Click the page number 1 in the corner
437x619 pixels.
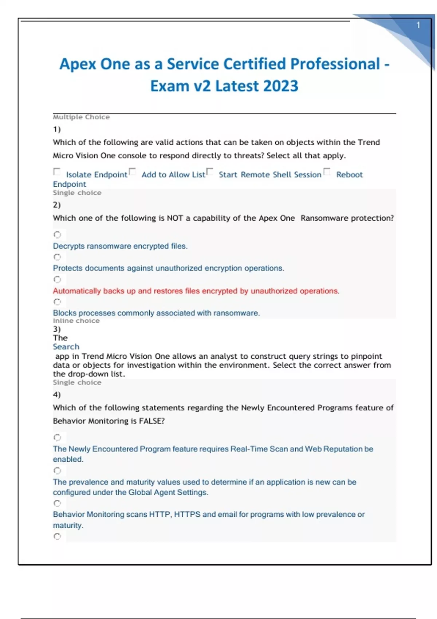point(418,25)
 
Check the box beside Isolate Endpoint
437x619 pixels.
point(57,171)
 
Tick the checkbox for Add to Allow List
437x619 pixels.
point(133,171)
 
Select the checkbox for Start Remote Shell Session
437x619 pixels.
point(209,171)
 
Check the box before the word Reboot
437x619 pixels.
point(327,171)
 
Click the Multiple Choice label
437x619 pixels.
point(81,117)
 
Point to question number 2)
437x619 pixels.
point(57,205)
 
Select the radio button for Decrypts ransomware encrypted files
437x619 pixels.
point(57,234)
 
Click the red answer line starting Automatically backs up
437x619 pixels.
point(196,291)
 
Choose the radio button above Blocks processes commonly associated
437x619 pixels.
point(57,302)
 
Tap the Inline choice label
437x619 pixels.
point(76,321)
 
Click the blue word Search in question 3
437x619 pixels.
point(66,347)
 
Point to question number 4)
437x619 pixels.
point(57,394)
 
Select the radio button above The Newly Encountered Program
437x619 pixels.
point(57,437)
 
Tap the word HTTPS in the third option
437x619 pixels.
point(187,514)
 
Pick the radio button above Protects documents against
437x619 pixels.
point(57,257)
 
